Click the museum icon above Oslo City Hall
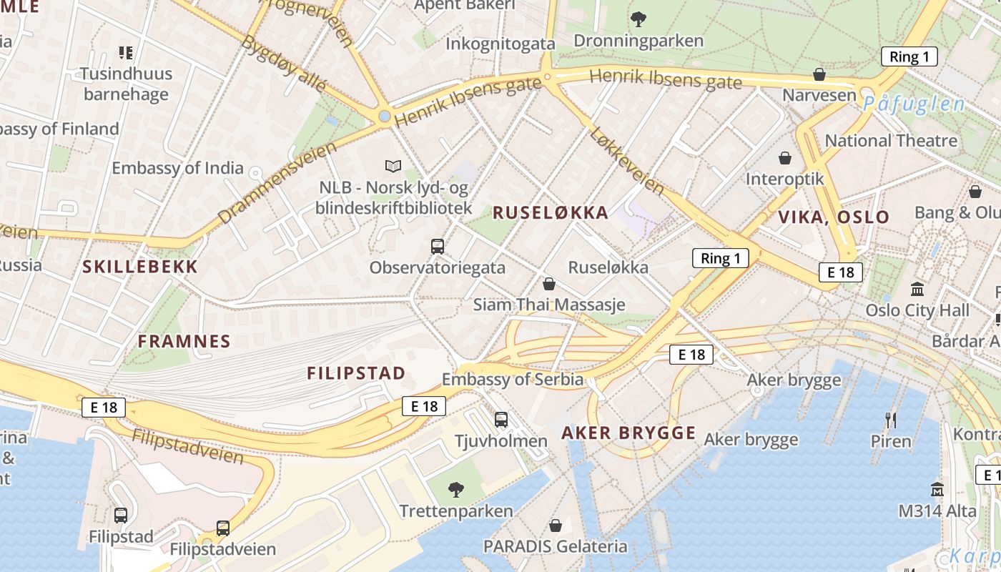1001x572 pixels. (x=917, y=289)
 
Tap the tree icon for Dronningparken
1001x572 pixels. (x=638, y=19)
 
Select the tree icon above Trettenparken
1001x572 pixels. (x=455, y=489)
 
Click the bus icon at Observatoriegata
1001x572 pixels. (x=438, y=247)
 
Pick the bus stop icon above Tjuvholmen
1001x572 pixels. (x=501, y=420)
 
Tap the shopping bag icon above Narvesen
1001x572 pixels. (x=819, y=74)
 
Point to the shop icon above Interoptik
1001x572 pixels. (x=785, y=157)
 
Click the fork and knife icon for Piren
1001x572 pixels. (x=891, y=420)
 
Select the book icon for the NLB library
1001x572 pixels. (x=393, y=166)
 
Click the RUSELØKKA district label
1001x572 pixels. (x=551, y=212)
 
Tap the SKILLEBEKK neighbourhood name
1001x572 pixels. (x=140, y=267)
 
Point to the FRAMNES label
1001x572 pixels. (x=184, y=341)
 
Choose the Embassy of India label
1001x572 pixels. (x=177, y=169)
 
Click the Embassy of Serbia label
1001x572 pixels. (x=513, y=379)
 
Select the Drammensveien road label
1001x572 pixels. (x=276, y=182)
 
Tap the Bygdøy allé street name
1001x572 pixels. (x=284, y=63)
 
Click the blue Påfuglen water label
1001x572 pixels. (x=913, y=104)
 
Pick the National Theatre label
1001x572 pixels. (x=891, y=140)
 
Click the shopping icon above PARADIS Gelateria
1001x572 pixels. (x=556, y=526)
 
